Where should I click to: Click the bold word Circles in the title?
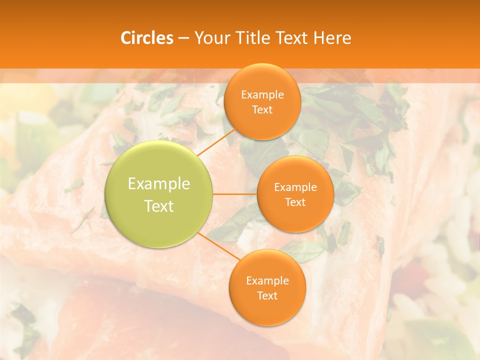[x=147, y=38]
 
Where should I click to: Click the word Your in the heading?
[x=210, y=38]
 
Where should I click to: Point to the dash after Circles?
[x=183, y=38]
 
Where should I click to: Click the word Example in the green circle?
[x=159, y=184]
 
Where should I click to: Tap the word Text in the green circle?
[x=159, y=206]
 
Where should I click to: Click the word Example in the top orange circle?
[x=262, y=95]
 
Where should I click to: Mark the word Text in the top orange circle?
[x=262, y=109]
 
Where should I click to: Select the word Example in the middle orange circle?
[x=295, y=187]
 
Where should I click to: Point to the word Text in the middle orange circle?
[x=295, y=202]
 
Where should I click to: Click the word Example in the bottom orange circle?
[x=267, y=281]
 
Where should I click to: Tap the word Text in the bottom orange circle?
[x=267, y=295]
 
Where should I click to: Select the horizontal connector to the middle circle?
[x=235, y=194]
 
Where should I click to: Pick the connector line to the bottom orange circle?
[x=218, y=245]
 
